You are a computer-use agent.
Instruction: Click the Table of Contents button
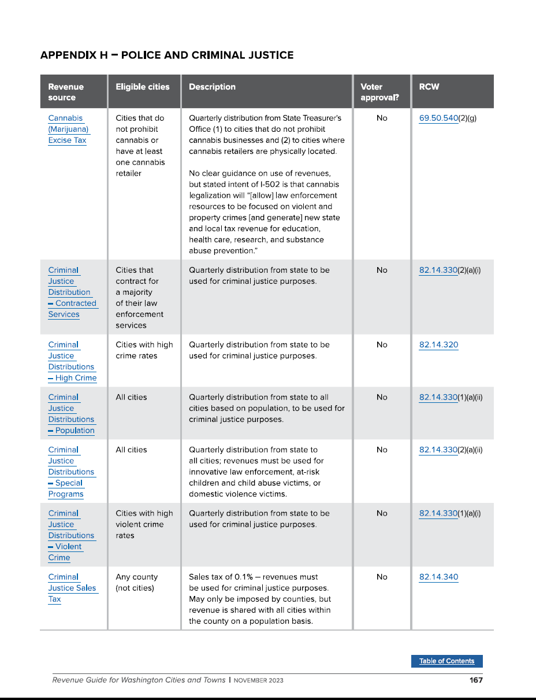(x=446, y=661)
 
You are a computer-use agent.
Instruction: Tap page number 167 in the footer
(x=475, y=680)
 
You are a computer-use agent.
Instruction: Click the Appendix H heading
(x=167, y=55)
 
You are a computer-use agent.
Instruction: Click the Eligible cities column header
(x=143, y=87)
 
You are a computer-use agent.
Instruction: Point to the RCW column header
(x=429, y=87)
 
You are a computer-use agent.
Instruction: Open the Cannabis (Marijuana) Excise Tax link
(x=68, y=129)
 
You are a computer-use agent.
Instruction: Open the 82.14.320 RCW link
(x=438, y=345)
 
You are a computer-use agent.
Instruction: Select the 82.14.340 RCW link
(x=438, y=577)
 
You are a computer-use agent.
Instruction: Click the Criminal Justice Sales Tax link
(x=72, y=588)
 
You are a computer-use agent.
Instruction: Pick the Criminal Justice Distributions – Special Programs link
(x=71, y=472)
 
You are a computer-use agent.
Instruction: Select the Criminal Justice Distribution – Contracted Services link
(x=72, y=292)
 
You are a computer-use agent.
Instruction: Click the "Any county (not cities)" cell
(x=136, y=583)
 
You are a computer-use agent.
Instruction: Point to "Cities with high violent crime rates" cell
(x=144, y=524)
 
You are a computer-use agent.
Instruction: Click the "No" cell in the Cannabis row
(x=382, y=118)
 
